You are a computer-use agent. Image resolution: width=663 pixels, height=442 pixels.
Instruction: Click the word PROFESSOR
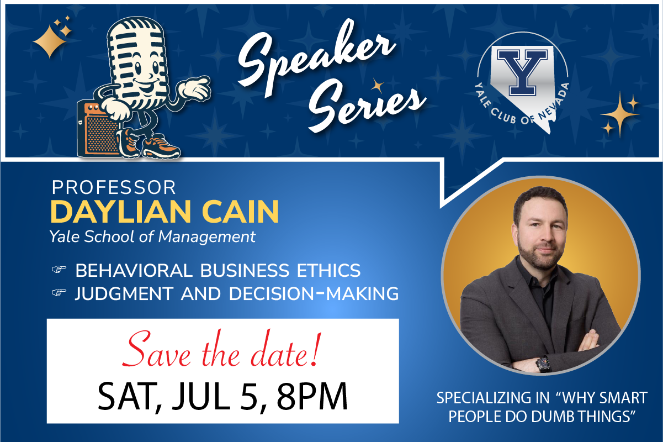(x=114, y=187)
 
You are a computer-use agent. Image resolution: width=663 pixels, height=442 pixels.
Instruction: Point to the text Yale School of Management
(x=152, y=236)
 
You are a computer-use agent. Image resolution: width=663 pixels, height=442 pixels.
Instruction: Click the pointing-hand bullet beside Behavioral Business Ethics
(x=59, y=270)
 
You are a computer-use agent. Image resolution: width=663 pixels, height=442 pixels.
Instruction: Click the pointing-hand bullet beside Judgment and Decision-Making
(x=59, y=293)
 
